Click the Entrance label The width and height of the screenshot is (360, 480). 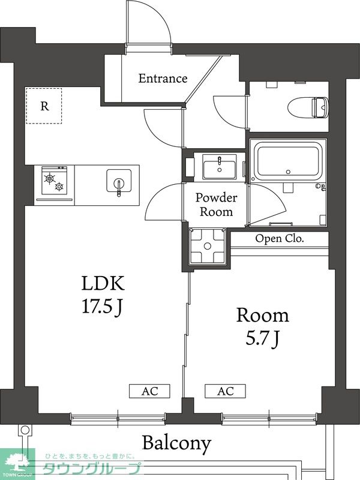tap(163, 79)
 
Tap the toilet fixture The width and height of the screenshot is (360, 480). tap(308, 107)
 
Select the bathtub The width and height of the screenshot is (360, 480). tap(288, 161)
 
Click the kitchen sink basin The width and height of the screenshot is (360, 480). tap(119, 181)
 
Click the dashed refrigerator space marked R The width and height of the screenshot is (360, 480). tap(44, 106)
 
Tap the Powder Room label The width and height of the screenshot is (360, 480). tap(216, 205)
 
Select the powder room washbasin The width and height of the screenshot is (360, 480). tap(219, 167)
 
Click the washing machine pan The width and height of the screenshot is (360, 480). tap(207, 246)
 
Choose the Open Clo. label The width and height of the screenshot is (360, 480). tap(280, 238)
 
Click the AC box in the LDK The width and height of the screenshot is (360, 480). tap(149, 391)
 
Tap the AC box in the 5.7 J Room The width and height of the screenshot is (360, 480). tap(226, 391)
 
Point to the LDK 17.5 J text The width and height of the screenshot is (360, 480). tap(103, 295)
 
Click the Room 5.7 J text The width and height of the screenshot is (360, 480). tap(263, 326)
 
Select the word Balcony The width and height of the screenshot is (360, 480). tap(176, 443)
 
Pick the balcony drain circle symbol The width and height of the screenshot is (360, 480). tap(25, 430)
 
